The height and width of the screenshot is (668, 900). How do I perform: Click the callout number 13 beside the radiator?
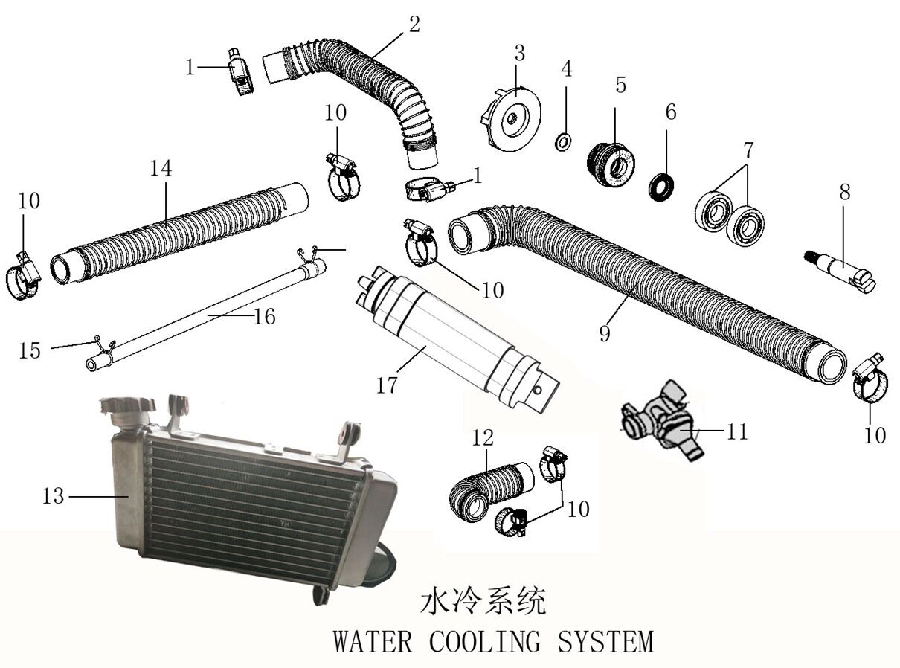tap(53, 496)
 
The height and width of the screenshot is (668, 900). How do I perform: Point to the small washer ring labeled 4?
tap(564, 141)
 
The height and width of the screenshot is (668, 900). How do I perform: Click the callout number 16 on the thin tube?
tap(263, 316)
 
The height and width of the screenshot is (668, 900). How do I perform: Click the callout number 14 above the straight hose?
tap(161, 168)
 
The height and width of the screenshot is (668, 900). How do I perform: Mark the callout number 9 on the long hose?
tap(605, 331)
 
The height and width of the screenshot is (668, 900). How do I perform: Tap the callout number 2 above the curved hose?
tap(414, 23)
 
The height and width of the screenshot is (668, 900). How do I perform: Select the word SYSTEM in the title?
tap(608, 640)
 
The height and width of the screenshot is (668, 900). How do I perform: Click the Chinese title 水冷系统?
tap(483, 601)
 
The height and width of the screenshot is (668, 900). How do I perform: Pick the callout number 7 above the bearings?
tap(748, 150)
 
